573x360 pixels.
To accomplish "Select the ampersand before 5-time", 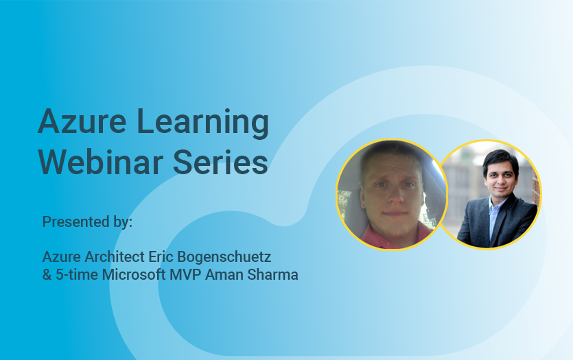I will (47, 276).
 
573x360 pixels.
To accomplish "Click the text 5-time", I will (74, 276).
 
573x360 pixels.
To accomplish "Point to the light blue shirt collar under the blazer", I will (493, 206).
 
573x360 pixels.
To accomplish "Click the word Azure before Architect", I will (58, 257).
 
